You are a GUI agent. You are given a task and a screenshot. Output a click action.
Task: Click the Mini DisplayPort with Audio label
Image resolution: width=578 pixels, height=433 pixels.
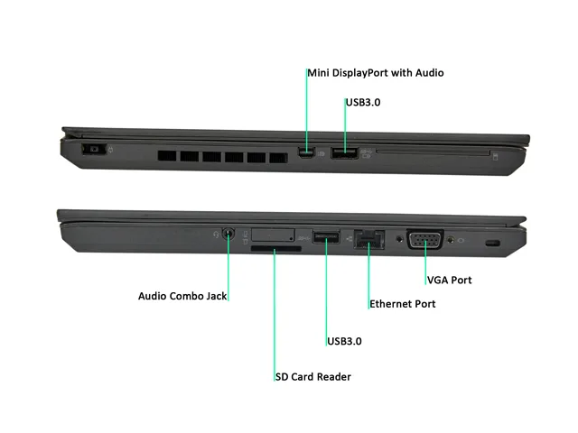click(376, 73)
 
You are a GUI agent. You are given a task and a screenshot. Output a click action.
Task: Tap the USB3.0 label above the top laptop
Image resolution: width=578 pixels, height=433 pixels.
click(363, 102)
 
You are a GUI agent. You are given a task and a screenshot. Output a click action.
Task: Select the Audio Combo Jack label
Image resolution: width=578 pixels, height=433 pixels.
click(182, 296)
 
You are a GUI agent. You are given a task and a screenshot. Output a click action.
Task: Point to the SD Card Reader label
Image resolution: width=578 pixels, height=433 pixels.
click(313, 377)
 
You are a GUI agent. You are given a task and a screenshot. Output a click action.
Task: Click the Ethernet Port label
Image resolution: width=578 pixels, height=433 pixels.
click(403, 304)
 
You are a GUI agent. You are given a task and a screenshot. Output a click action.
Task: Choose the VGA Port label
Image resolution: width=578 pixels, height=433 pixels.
click(450, 281)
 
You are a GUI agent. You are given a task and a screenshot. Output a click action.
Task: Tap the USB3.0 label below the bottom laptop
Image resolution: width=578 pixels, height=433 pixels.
click(344, 341)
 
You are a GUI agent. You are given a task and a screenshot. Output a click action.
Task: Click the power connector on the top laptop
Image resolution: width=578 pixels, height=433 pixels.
click(94, 149)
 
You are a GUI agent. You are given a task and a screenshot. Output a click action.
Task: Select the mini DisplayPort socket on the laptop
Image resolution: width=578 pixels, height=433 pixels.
click(306, 152)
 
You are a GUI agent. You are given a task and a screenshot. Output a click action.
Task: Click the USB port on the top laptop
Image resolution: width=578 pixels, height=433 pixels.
click(344, 152)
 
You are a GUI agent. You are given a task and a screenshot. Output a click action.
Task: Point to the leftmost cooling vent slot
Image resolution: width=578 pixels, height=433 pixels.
click(167, 156)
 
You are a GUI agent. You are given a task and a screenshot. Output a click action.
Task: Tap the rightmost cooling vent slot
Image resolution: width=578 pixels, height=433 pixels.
click(278, 158)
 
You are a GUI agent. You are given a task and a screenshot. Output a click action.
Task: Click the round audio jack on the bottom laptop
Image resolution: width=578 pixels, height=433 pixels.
click(228, 234)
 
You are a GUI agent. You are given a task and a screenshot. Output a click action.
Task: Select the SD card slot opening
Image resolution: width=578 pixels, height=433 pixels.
click(276, 249)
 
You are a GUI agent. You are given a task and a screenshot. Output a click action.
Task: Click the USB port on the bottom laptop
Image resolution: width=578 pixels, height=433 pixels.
click(326, 236)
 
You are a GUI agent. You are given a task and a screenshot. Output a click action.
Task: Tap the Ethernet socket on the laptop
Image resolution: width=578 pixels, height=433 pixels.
click(369, 239)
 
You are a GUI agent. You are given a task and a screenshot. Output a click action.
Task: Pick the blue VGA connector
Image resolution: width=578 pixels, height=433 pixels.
click(424, 239)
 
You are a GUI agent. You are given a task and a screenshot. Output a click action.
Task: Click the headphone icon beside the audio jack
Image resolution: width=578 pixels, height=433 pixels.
click(216, 235)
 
